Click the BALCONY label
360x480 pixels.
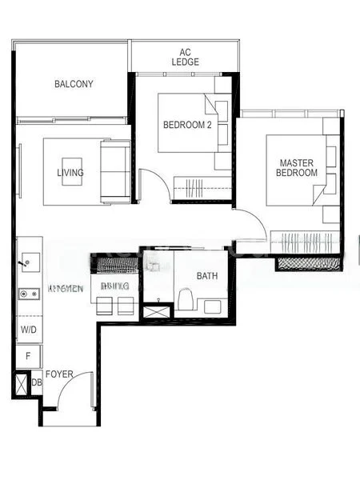(74, 84)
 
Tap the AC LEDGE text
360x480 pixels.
(184, 57)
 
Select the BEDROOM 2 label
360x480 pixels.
(186, 125)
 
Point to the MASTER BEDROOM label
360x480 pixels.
(296, 167)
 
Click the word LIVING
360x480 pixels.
(70, 173)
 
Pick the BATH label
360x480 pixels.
(207, 277)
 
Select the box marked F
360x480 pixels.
(28, 356)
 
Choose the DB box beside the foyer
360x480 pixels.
(36, 383)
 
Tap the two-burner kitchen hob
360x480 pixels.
(30, 294)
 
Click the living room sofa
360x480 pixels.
(114, 172)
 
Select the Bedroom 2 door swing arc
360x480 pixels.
(154, 186)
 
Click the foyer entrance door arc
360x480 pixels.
(79, 393)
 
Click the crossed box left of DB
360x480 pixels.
(20, 384)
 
